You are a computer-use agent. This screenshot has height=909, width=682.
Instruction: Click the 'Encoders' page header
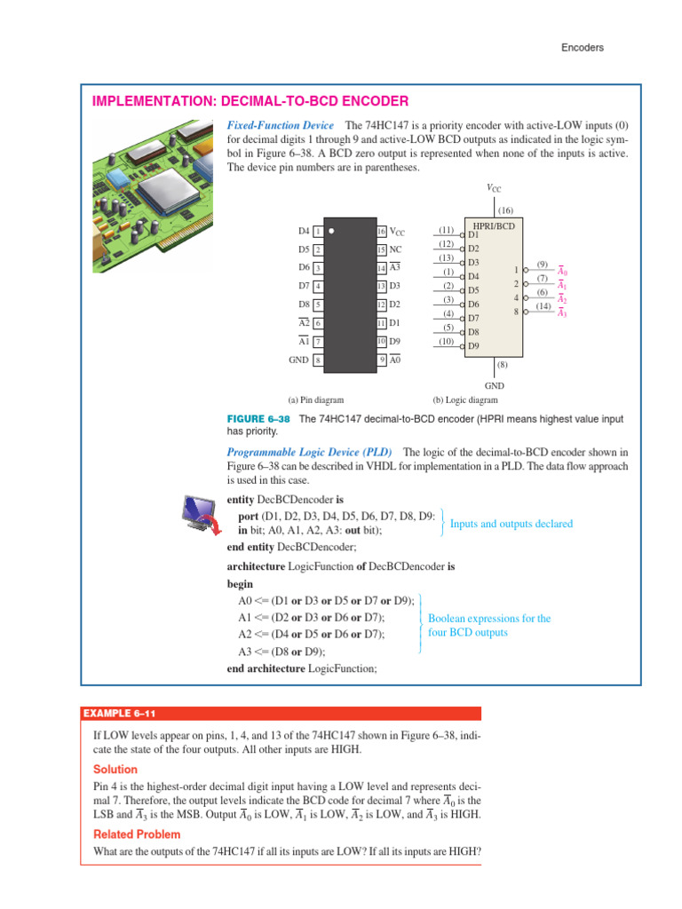tap(582, 48)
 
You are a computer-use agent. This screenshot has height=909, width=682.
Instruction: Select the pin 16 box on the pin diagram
tap(382, 232)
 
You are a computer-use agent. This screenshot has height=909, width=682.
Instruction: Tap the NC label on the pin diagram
tap(396, 249)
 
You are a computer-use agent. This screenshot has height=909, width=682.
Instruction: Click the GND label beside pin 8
tap(298, 360)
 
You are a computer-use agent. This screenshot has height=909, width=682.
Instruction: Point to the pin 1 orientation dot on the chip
tap(331, 231)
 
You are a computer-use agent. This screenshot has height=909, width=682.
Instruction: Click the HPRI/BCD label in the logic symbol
tap(495, 226)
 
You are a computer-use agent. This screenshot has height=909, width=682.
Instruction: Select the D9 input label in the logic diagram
tap(473, 345)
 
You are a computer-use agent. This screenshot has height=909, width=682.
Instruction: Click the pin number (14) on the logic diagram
tap(543, 306)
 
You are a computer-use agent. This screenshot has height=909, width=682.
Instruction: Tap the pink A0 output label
tap(562, 272)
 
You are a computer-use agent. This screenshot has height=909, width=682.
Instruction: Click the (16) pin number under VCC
tap(494, 209)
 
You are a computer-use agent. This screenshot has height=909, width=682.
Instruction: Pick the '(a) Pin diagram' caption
tap(315, 399)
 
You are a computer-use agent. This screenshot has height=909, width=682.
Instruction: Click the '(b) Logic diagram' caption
tap(465, 399)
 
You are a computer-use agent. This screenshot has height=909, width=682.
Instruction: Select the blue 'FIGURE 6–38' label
tap(259, 418)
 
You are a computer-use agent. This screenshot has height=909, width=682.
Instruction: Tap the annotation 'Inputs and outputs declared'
tap(511, 524)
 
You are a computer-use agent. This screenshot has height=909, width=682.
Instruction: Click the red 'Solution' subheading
tap(115, 769)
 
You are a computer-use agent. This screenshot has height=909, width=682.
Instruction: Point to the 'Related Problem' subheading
tap(137, 834)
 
